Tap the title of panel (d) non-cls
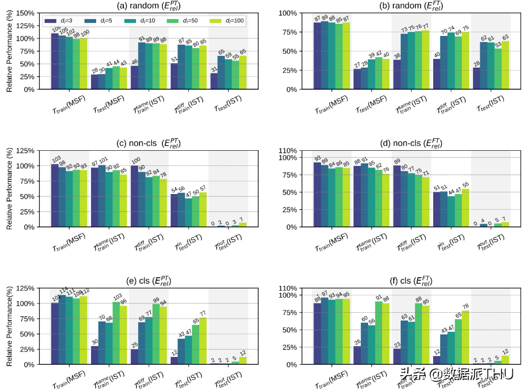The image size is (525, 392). click(411, 143)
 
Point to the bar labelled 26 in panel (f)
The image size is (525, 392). click(357, 355)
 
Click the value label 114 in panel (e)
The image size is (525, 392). click(62, 291)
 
